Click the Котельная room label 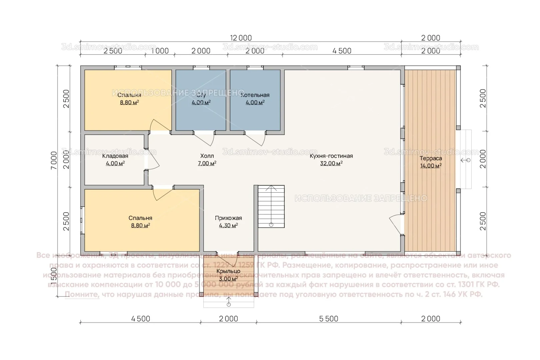pos(255,95)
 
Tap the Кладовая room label pos(115,156)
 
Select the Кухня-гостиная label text pos(331,156)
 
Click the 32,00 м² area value pos(331,163)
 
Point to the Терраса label pos(431,158)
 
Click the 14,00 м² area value pos(431,166)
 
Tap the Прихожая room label pos(228,218)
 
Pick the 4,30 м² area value pos(228,226)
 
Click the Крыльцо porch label pos(228,271)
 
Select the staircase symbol pos(271,207)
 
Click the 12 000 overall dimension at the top pos(241,38)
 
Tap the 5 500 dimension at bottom pos(329,319)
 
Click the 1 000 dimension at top pos(160,51)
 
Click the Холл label pos(207,156)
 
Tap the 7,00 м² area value pos(207,163)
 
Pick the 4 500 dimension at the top pos(342,51)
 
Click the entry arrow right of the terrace pos(465,160)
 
